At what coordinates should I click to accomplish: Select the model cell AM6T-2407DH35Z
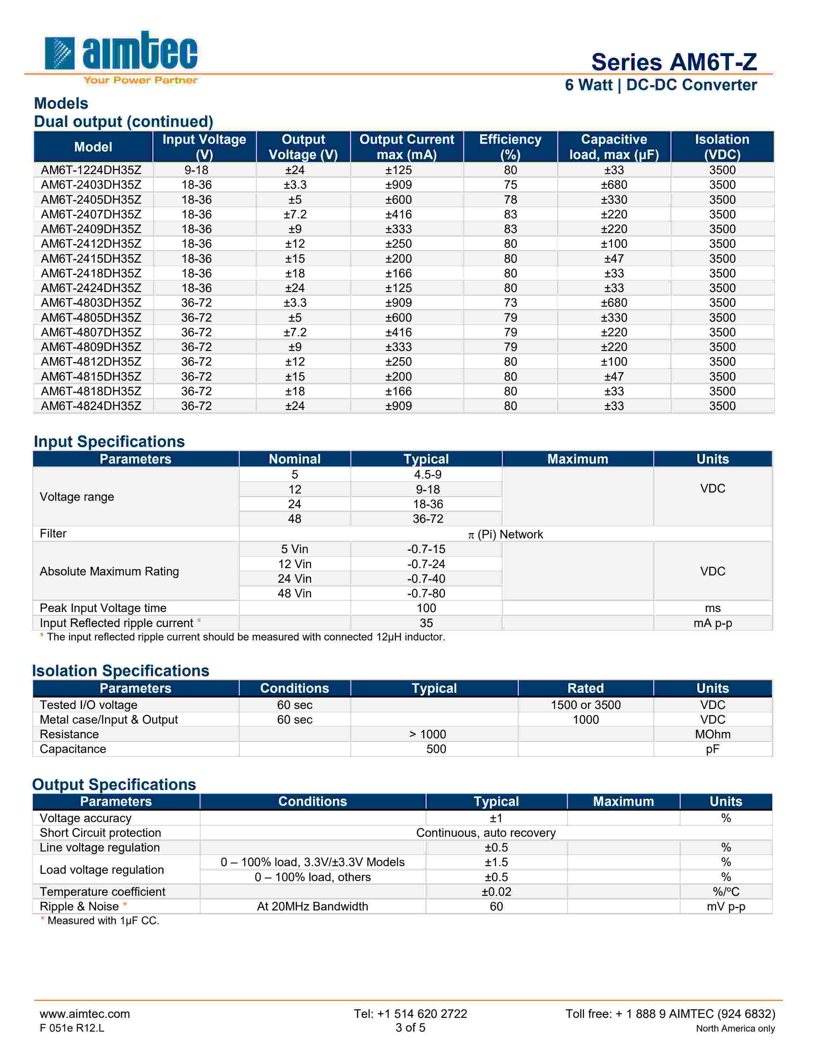click(x=91, y=214)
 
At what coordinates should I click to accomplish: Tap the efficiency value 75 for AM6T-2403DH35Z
click(x=510, y=185)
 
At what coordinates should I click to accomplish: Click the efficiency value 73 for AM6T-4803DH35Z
click(x=510, y=303)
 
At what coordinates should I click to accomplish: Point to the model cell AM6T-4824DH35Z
click(x=91, y=406)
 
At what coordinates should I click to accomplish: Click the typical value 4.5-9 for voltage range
click(x=427, y=474)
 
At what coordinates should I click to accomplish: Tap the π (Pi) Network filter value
click(x=505, y=534)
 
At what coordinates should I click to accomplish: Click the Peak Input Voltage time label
click(x=103, y=608)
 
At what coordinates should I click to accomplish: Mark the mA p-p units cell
click(x=712, y=623)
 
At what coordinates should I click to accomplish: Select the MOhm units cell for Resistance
click(x=712, y=734)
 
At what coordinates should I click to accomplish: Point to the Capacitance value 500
click(x=436, y=749)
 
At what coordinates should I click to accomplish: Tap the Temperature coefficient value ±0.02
click(x=496, y=892)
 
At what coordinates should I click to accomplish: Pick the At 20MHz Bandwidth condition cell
click(x=312, y=907)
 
